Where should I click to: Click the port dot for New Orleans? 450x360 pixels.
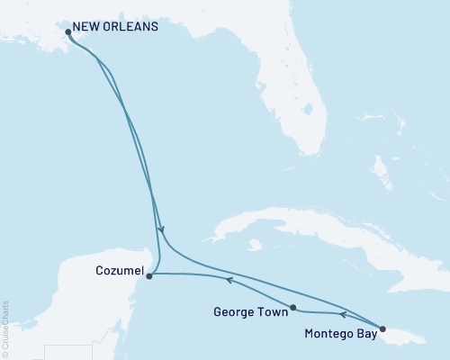pos(68,33)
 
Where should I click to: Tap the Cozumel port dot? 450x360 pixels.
pos(149,276)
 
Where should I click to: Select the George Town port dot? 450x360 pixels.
pos(293,308)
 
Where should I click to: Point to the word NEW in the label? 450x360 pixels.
pos(89,27)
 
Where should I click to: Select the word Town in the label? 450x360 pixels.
pos(273,313)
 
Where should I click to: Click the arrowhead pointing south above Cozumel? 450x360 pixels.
pos(160,230)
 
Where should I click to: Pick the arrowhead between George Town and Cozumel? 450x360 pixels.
pos(229,281)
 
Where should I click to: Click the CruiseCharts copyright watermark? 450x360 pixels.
pos(6,328)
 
